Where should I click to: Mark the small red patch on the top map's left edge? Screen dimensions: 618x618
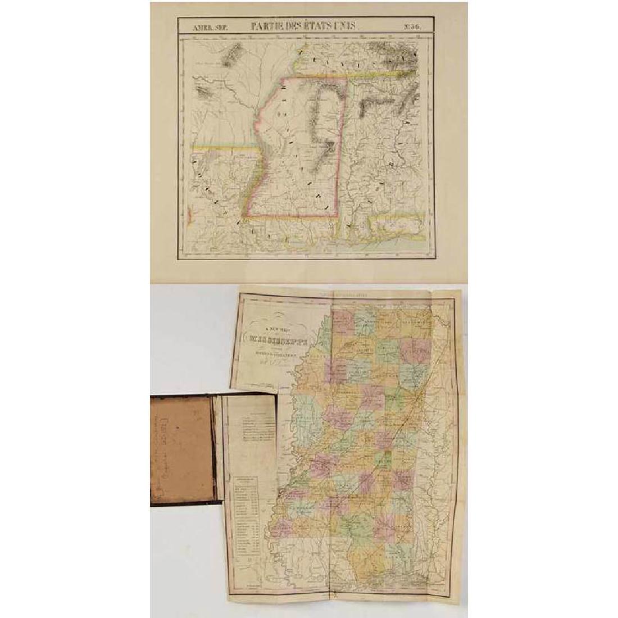[x=192, y=213]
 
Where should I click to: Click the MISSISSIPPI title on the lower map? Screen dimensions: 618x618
[x=284, y=338]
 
